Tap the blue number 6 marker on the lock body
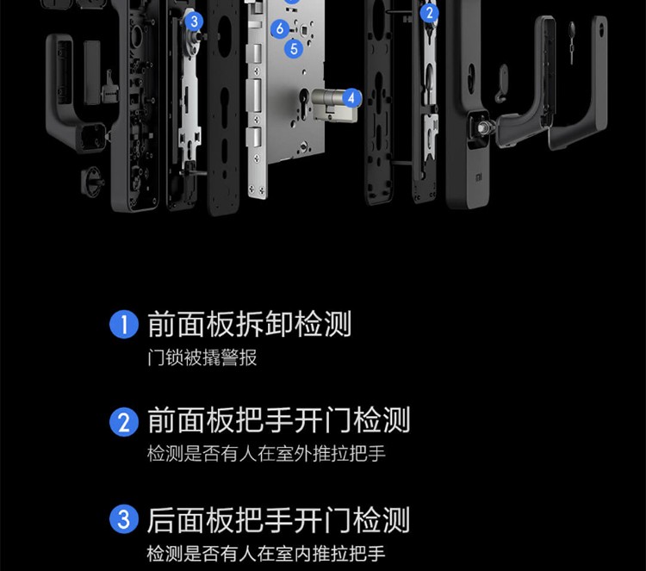278,28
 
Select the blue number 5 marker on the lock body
294,48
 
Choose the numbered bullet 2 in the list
124,422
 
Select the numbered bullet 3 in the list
124,520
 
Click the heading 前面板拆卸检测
249,325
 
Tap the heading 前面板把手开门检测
277,421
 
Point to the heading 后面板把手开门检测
277,520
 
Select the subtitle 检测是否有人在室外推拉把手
266,455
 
